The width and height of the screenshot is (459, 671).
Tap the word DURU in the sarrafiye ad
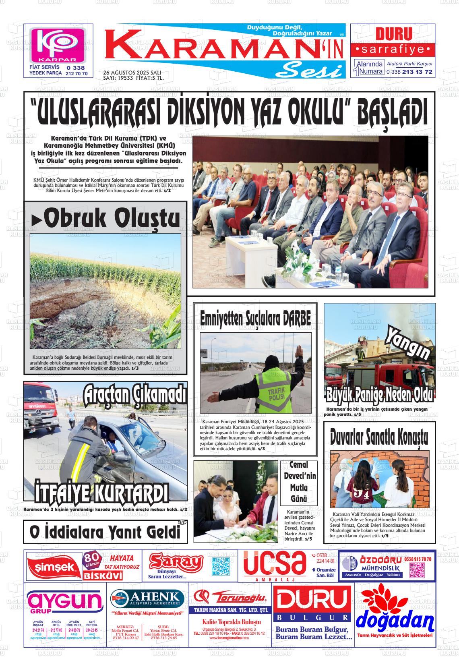393,34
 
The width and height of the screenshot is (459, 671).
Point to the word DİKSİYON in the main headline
206,110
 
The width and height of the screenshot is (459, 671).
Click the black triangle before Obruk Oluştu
37,220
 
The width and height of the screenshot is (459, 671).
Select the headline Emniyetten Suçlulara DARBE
255,319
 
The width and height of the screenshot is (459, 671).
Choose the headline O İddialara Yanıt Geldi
105,532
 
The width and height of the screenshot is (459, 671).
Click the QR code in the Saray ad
220,566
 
